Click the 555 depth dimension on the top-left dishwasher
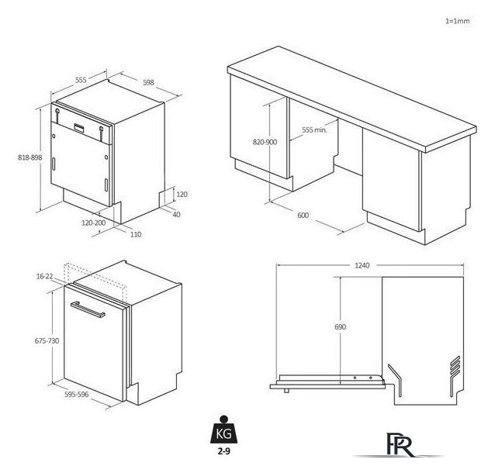(x=81, y=80)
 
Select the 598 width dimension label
(x=148, y=82)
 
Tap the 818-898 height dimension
(x=30, y=157)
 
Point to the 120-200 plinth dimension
(x=94, y=223)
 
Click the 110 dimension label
(x=136, y=234)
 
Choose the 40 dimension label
(x=176, y=215)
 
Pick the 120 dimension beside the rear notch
(x=182, y=195)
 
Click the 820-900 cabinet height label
(x=265, y=142)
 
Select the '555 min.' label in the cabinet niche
(x=314, y=129)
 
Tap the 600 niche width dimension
(x=303, y=216)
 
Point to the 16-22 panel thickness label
(x=45, y=276)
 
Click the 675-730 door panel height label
(x=47, y=340)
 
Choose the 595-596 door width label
(x=76, y=395)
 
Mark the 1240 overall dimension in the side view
(x=362, y=265)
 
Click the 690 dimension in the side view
(x=341, y=327)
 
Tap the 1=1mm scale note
(x=458, y=21)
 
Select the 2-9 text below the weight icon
(x=223, y=451)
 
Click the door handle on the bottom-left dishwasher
(x=88, y=309)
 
